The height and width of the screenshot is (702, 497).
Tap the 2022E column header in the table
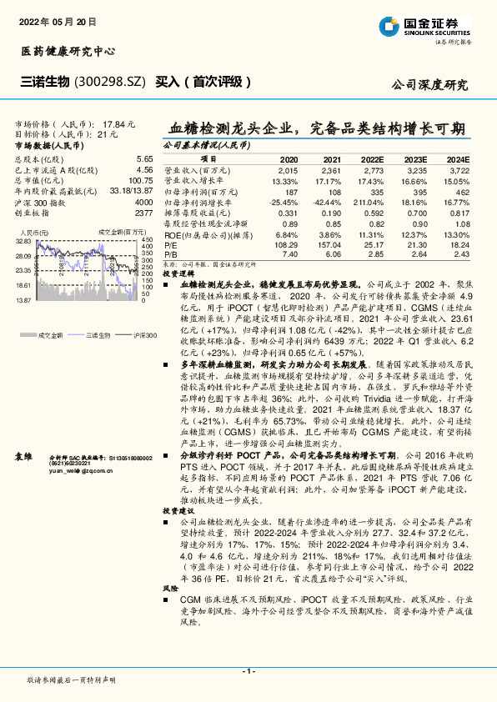pos(373,158)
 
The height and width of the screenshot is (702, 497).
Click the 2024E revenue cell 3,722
pos(458,169)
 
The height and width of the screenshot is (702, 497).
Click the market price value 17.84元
pos(117,123)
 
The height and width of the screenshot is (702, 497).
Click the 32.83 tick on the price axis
pos(23,241)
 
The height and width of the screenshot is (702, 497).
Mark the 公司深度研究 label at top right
pos(429,84)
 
